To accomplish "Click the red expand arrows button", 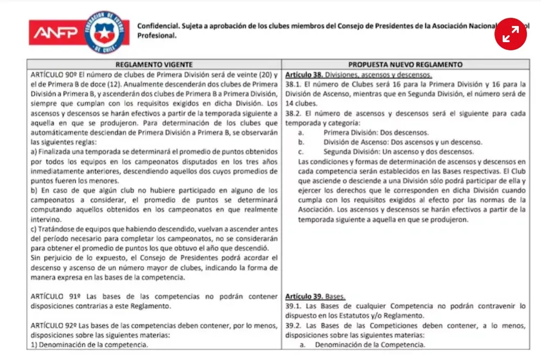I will pyautogui.click(x=511, y=34).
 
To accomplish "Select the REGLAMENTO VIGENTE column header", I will pyautogui.click(x=154, y=64).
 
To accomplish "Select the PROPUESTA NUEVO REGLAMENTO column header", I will pyautogui.click(x=405, y=64).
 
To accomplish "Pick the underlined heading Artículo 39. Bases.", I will pyautogui.click(x=315, y=297).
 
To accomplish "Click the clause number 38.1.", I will pyautogui.click(x=292, y=84).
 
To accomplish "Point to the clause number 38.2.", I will pyautogui.click(x=292, y=113).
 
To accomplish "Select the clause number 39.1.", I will pyautogui.click(x=292, y=306).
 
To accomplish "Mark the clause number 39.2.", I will pyautogui.click(x=292, y=325).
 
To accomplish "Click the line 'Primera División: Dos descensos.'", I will pyautogui.click(x=376, y=132).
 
